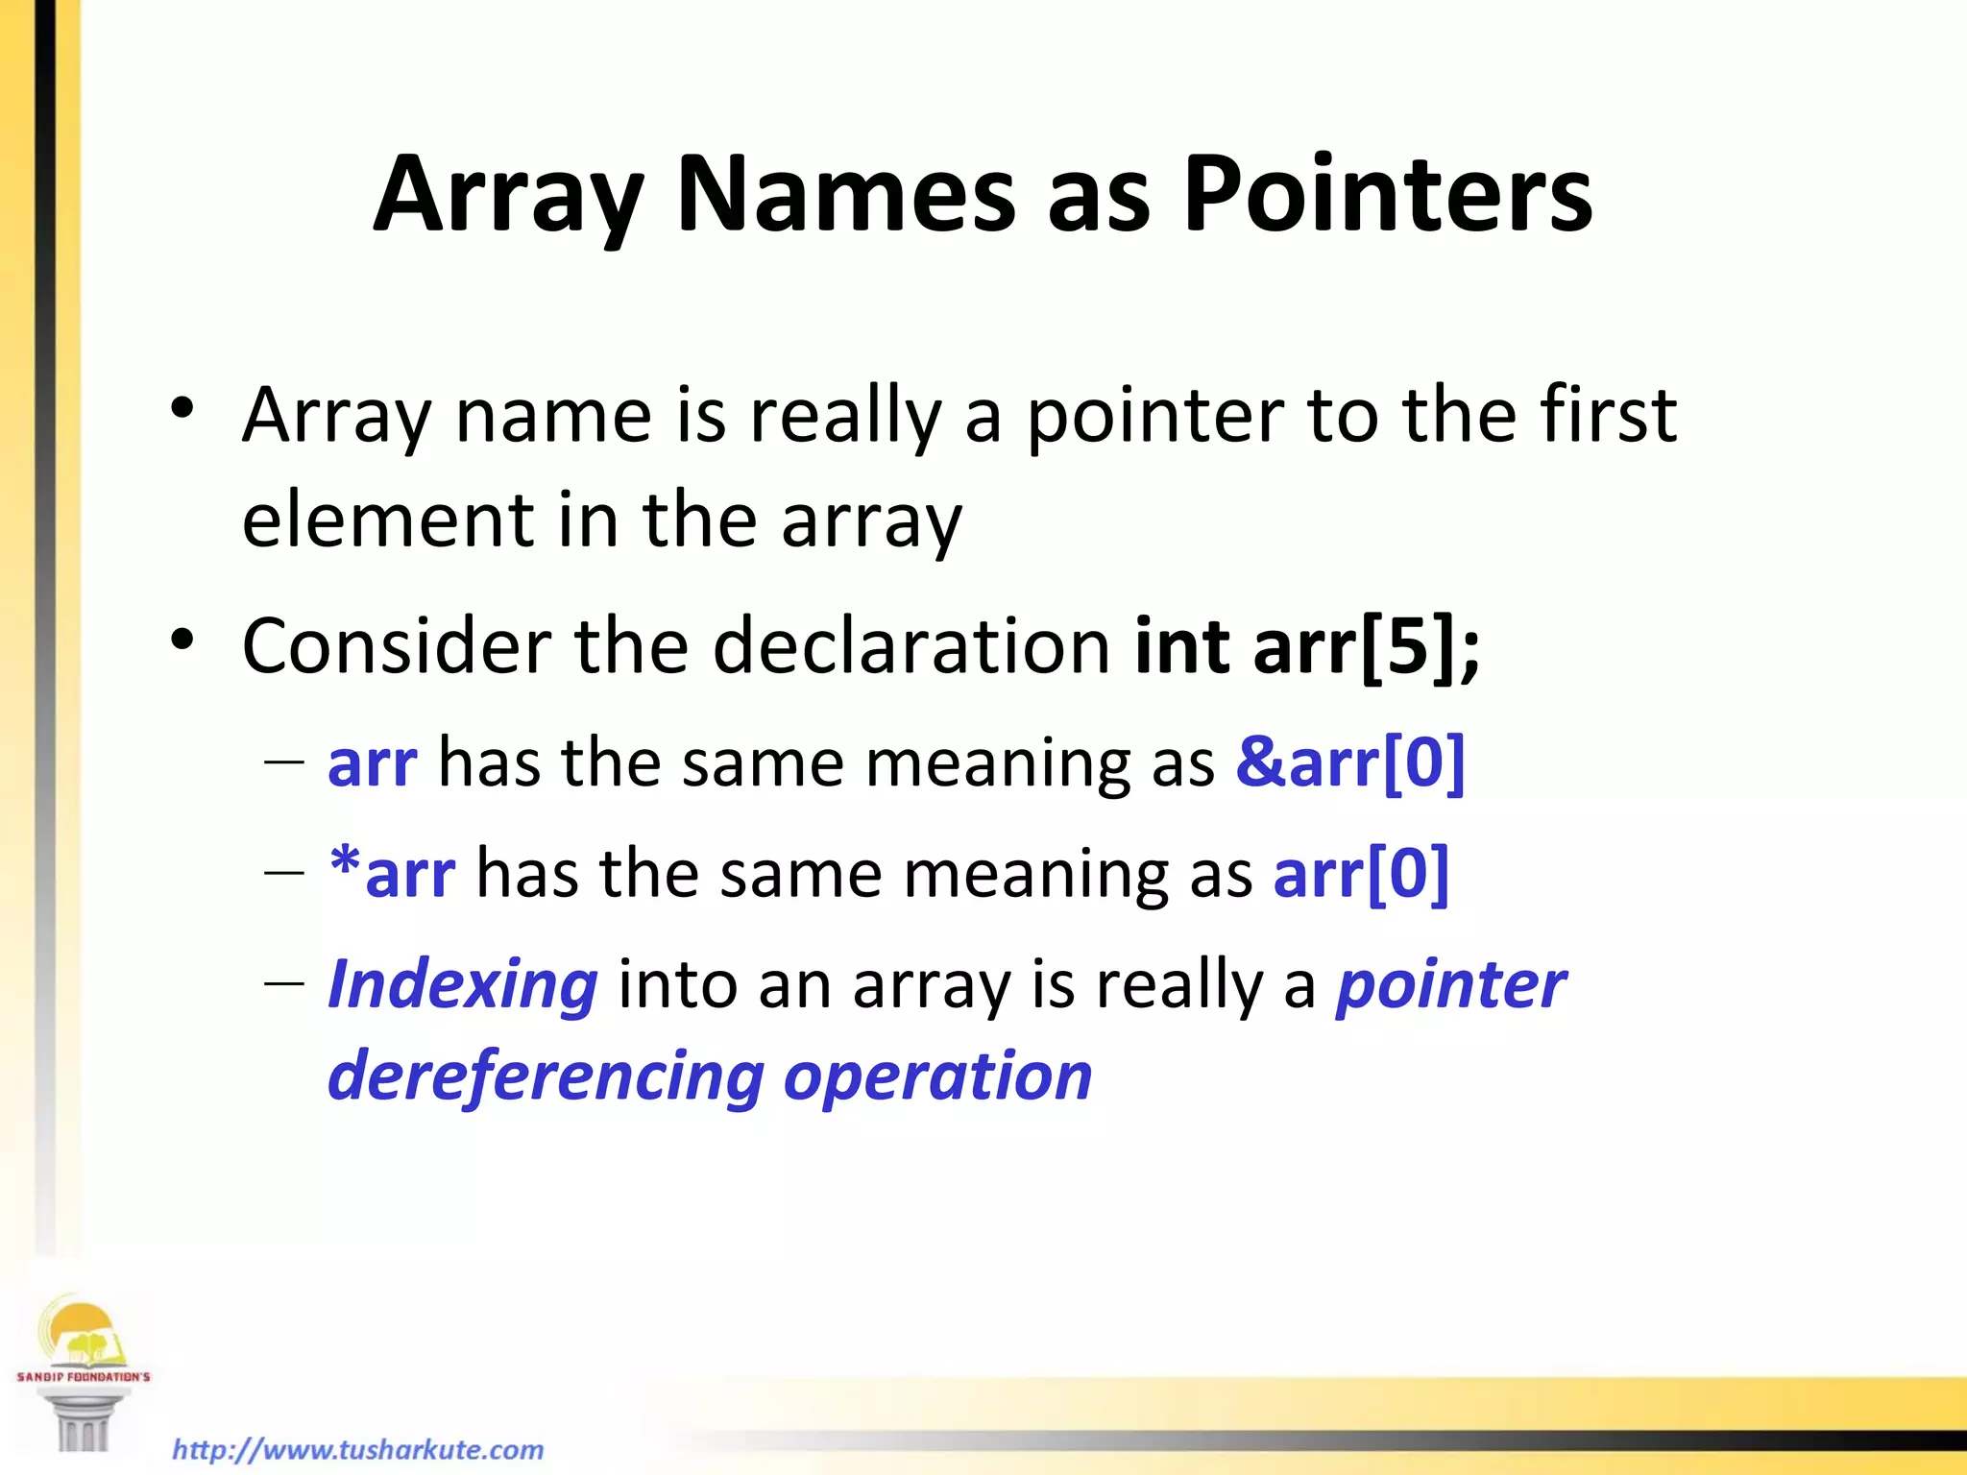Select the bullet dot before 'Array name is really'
182,411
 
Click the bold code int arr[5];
1306,647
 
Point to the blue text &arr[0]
1349,763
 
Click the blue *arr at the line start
392,874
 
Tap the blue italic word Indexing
463,985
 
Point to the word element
387,520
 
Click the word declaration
911,645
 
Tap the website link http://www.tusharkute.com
357,1449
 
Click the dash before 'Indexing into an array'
283,985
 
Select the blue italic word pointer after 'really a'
1450,987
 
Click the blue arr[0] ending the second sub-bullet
1360,875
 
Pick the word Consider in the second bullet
397,645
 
